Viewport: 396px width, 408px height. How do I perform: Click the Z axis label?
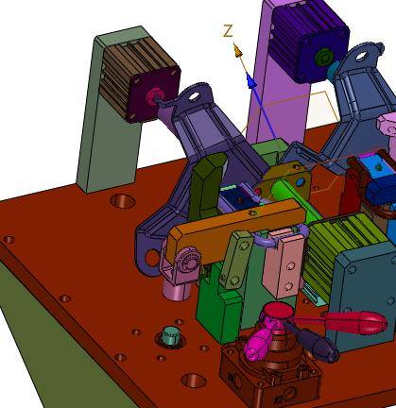point(228,31)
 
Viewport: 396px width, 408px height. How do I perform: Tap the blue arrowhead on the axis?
point(250,81)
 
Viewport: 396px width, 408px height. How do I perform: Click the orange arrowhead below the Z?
point(238,51)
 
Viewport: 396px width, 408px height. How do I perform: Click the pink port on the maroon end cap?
point(153,95)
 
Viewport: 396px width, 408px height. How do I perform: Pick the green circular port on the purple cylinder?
point(322,58)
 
